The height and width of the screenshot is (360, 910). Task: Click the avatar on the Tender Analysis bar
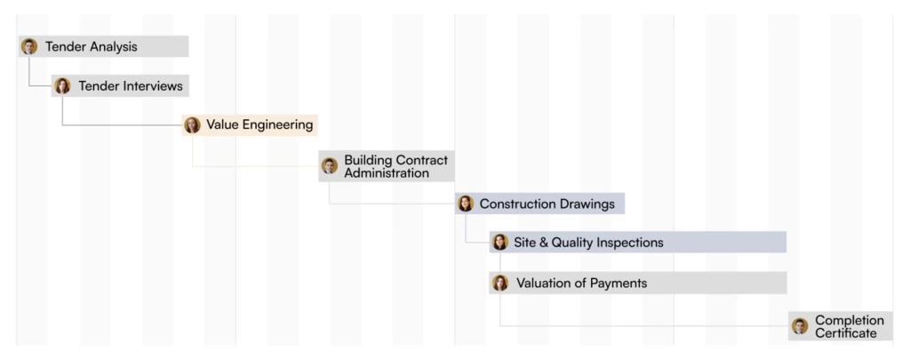click(29, 46)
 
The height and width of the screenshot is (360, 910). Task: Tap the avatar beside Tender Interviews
click(62, 86)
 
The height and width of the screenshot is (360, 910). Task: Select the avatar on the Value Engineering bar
click(192, 124)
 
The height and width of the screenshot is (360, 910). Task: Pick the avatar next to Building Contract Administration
click(330, 165)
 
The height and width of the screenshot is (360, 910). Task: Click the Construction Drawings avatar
click(466, 204)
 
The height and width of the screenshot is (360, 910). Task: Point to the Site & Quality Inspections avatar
click(500, 242)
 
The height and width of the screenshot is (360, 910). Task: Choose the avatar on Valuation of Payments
click(500, 283)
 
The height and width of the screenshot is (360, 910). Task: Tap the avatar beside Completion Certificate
click(800, 325)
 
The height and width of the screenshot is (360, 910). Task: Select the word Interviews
click(154, 86)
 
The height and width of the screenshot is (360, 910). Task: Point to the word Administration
click(387, 173)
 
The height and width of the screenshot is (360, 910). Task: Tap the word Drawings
click(587, 204)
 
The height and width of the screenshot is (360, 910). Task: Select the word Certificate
click(846, 333)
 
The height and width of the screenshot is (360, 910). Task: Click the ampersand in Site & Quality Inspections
click(543, 243)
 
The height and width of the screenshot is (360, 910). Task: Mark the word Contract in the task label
click(422, 160)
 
